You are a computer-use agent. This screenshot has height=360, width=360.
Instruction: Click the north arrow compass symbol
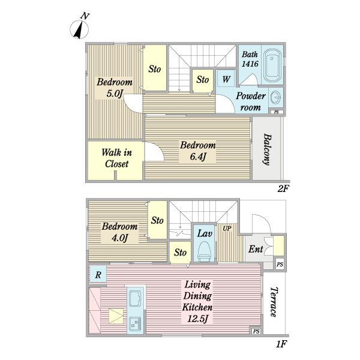point(79,29)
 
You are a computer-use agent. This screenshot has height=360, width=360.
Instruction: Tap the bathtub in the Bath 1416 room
point(272,65)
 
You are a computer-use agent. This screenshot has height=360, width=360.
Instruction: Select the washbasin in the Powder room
point(275,97)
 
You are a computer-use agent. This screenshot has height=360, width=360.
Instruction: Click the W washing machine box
point(226,79)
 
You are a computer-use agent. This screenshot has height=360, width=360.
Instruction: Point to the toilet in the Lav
point(205,251)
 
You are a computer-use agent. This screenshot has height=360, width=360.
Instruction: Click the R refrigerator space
point(98,274)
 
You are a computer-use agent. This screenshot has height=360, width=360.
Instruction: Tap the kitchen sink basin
point(135,299)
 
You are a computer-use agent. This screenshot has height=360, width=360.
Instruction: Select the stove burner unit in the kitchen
point(135,323)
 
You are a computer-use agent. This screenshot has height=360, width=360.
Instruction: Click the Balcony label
point(267,149)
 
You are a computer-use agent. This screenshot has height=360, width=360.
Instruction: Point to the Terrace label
point(274,302)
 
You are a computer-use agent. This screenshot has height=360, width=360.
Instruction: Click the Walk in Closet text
point(116,158)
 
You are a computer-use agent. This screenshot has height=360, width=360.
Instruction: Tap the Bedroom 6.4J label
point(197,151)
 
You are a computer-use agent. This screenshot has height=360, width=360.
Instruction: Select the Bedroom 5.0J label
point(115,88)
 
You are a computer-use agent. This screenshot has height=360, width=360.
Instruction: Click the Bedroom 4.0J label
point(119,232)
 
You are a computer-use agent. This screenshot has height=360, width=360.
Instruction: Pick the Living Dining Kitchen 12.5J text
point(197,301)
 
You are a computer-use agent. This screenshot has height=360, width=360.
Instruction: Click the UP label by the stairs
point(227,229)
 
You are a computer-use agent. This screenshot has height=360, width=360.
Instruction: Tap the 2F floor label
point(283,189)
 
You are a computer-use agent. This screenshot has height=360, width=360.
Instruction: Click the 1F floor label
point(281,344)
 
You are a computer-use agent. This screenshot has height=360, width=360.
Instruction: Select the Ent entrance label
point(256,249)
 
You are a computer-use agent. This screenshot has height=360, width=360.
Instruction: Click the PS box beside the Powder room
point(277,112)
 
